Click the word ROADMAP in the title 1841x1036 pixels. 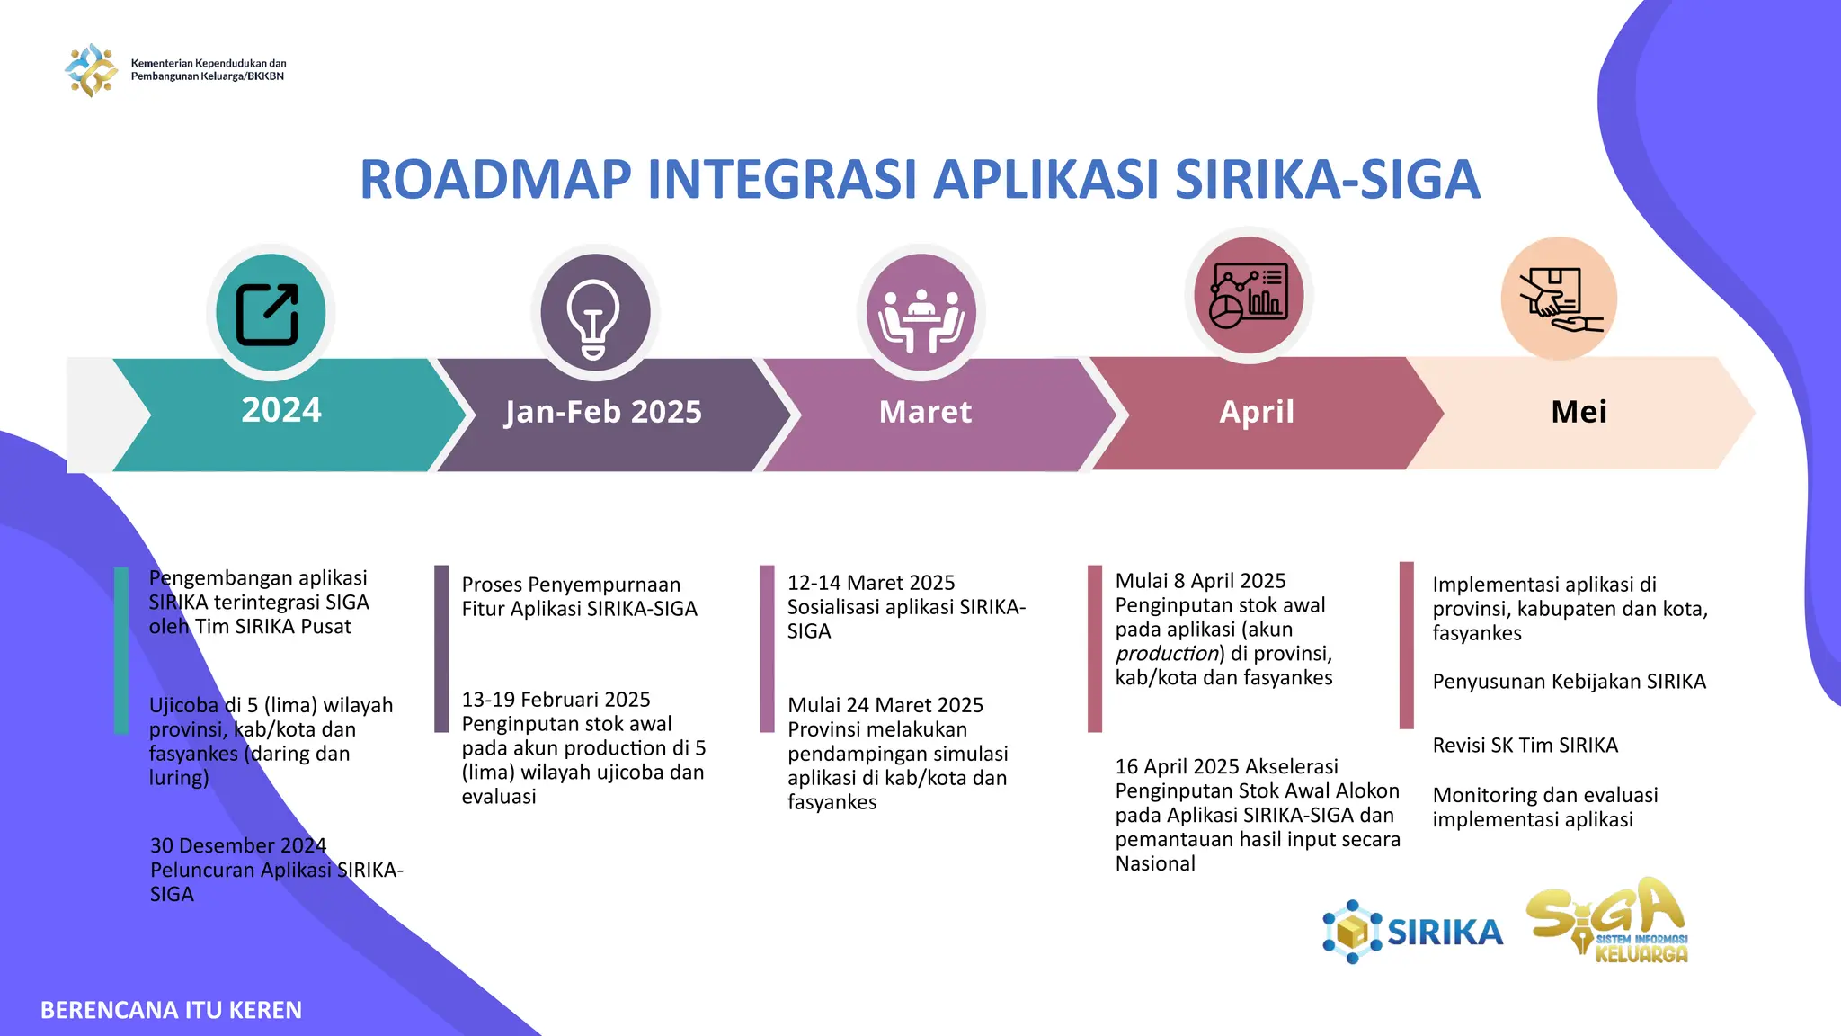coord(495,180)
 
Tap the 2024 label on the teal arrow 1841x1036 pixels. coord(281,410)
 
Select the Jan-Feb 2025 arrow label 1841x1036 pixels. coord(602,412)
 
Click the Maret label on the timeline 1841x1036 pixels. coord(925,412)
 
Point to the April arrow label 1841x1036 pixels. coord(1256,412)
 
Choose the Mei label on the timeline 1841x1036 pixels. coord(1579,412)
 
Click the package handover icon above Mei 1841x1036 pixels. coord(1559,299)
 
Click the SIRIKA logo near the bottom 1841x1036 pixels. coord(1412,932)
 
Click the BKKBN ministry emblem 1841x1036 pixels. coord(91,70)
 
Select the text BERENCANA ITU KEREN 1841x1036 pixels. coord(171,1011)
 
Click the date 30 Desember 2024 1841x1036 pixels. coord(238,845)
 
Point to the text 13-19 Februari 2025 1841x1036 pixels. coord(556,700)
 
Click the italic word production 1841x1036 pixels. coord(1166,654)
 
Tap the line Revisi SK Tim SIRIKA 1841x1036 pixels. coord(1525,746)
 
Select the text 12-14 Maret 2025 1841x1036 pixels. coord(870,583)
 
